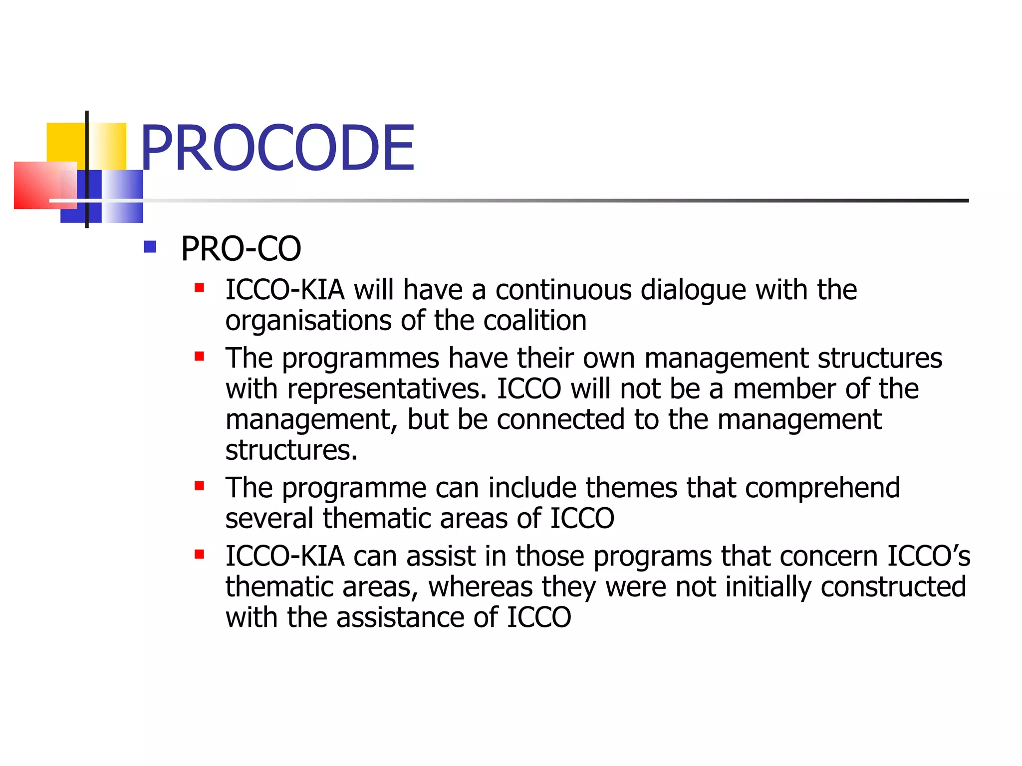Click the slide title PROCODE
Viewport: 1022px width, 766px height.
(x=277, y=148)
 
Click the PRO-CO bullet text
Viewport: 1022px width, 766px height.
(x=241, y=249)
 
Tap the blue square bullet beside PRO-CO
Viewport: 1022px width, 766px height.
(x=150, y=247)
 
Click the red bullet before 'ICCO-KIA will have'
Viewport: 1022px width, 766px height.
(x=199, y=288)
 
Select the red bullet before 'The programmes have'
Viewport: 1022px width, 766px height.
(x=199, y=356)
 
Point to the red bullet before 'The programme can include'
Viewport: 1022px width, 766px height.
(x=199, y=486)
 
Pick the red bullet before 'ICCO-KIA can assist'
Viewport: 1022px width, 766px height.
(x=199, y=554)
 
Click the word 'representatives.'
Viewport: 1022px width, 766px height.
(x=387, y=389)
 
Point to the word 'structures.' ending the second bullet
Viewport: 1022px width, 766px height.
(x=291, y=450)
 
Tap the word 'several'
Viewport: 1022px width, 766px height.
(x=269, y=519)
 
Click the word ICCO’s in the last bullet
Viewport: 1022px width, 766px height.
(x=928, y=557)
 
